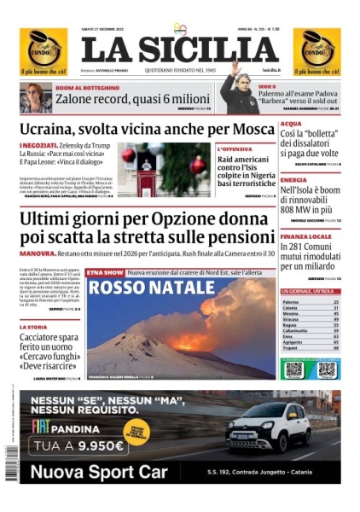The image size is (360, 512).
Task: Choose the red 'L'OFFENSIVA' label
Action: click(x=234, y=149)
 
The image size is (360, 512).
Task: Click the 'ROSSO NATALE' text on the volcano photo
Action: click(x=141, y=287)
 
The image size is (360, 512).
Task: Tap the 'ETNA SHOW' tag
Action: click(x=106, y=271)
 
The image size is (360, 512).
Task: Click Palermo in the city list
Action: click(x=291, y=303)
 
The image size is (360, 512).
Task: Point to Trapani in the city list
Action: click(x=291, y=347)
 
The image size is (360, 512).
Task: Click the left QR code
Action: click(x=293, y=369)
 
